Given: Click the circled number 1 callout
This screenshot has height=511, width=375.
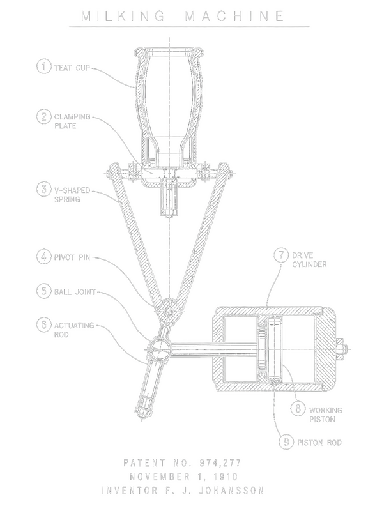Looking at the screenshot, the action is pos(43,66).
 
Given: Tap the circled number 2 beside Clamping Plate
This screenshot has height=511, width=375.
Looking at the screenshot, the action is pos(43,117).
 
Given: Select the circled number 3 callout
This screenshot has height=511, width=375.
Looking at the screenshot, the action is pos(43,190).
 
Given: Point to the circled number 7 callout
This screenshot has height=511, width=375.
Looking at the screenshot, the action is pos(281,255).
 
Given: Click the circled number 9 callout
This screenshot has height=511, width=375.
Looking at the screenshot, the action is pos(286,442).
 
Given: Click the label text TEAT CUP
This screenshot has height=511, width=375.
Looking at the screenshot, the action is pos(72,68).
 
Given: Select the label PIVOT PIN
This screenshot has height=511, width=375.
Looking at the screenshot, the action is pos(72,257).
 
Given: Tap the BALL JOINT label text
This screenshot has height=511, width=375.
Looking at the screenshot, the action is pos(75,292).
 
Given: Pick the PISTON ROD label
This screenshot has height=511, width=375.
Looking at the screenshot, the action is pos(319,443).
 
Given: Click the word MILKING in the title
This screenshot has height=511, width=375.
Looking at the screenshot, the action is pos(123,16).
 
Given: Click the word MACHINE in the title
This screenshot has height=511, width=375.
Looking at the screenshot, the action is pos(234,16).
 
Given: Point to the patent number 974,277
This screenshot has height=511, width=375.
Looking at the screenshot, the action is pos(220,462).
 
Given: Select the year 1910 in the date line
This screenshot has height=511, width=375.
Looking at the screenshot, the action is pos(226,477).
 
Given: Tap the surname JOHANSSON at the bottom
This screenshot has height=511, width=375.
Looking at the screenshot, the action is pos(231,491).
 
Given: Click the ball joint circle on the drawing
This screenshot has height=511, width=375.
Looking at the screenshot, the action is pos(159,349).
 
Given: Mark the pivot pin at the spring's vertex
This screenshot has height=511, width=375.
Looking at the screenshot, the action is pos(169,311).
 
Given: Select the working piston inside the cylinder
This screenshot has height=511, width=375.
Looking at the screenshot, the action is pos(270,349).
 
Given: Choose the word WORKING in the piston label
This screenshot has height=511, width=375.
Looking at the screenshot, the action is pos(325,410).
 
